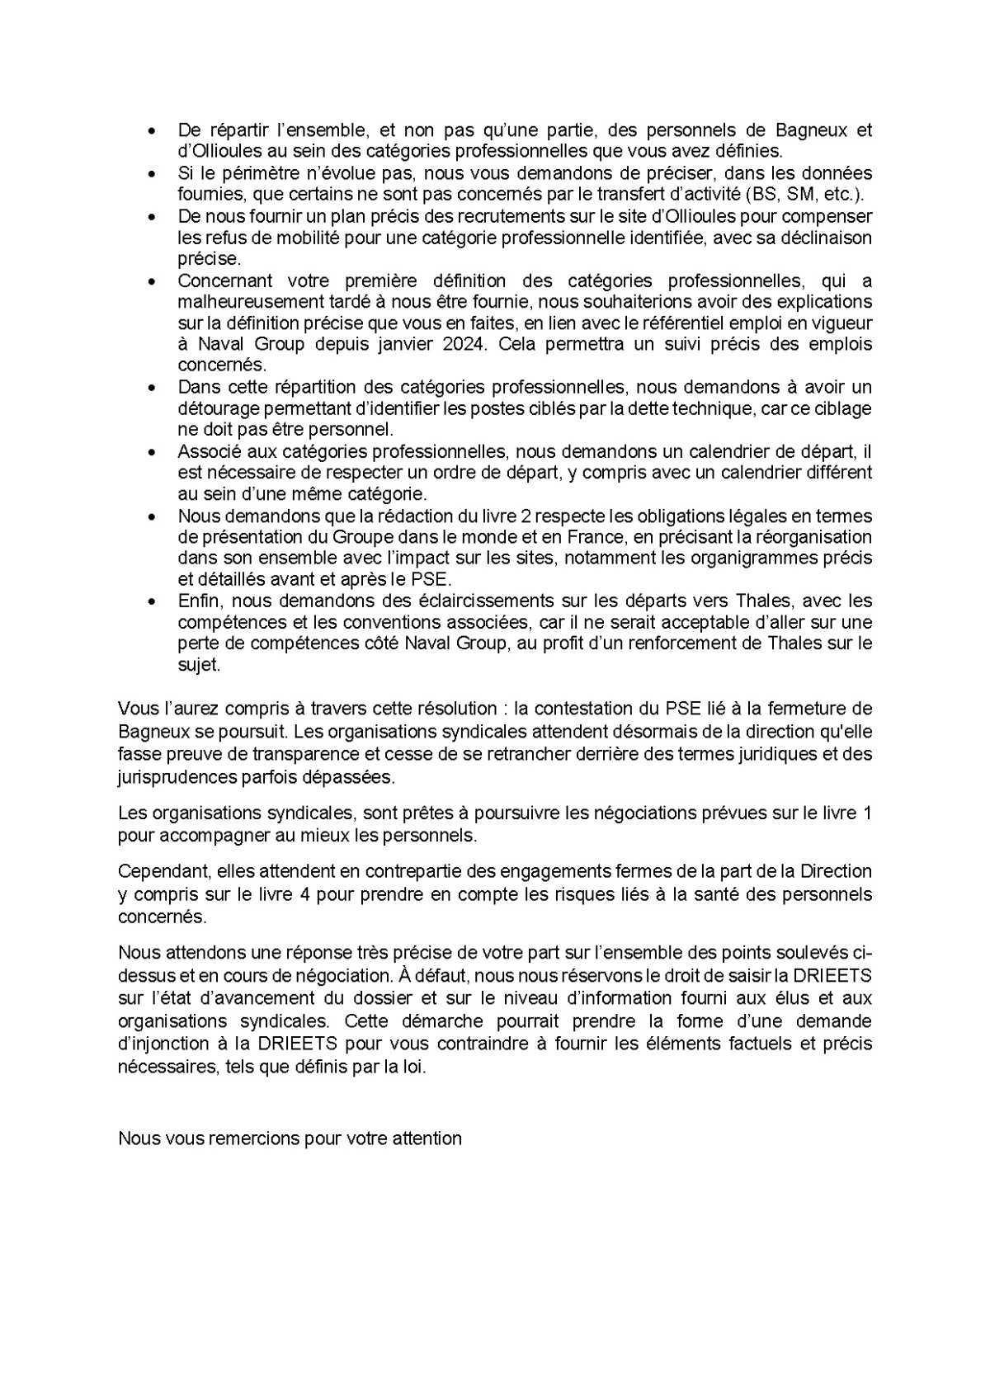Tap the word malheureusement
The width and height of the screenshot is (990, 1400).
(238, 302)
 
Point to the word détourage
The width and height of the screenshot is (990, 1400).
(214, 408)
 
